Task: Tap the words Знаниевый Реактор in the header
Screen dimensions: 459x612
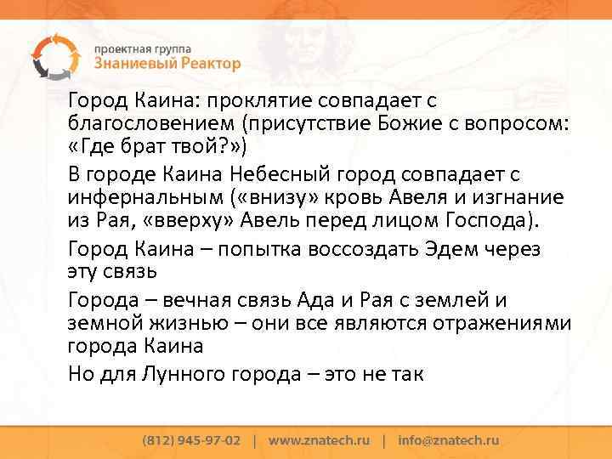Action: [x=167, y=64]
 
